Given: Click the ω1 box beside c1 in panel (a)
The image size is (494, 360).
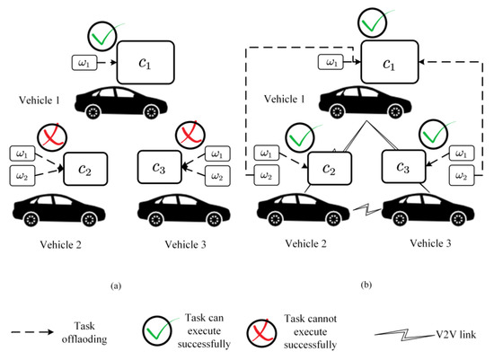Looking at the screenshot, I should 87,64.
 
